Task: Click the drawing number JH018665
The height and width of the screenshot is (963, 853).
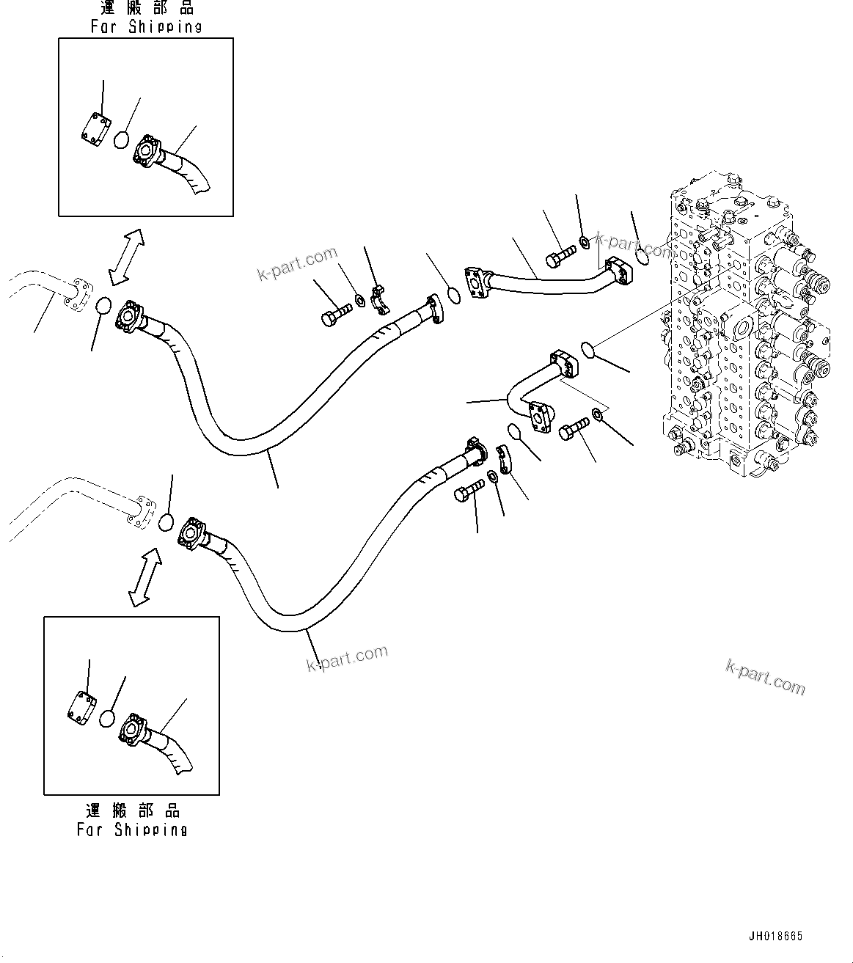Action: [775, 937]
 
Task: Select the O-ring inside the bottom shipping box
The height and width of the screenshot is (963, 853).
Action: [109, 718]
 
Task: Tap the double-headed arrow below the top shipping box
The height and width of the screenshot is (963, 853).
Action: [126, 257]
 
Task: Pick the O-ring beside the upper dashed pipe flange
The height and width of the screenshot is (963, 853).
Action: [103, 305]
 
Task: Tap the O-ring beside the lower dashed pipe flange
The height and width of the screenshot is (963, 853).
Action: [166, 521]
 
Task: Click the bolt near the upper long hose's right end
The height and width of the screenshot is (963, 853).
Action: [336, 312]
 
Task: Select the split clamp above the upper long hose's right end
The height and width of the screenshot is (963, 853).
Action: [378, 299]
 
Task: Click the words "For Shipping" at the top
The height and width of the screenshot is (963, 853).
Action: [146, 26]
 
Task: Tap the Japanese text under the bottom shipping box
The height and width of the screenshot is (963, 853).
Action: [132, 810]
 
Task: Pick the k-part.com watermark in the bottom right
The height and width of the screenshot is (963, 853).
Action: [765, 676]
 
